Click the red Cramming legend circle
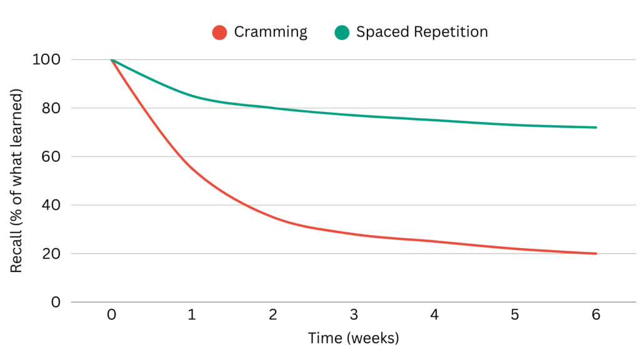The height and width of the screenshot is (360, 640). [x=219, y=32]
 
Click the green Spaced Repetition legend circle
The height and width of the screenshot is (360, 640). [x=341, y=32]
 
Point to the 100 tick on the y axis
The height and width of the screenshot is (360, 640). [x=47, y=60]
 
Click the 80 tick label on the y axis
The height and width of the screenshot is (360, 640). [x=51, y=109]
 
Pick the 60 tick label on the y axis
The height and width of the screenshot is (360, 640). [x=51, y=157]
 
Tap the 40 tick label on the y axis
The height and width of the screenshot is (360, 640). [x=51, y=206]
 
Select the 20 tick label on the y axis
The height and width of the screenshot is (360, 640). [x=51, y=254]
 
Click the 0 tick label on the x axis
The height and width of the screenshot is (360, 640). [x=111, y=316]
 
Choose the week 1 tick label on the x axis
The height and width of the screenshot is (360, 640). [x=192, y=316]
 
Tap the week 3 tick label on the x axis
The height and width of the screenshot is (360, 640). [x=354, y=316]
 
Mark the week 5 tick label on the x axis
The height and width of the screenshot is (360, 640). [x=515, y=316]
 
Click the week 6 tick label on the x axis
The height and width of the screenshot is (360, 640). [x=596, y=316]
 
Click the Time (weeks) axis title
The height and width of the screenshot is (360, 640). [x=353, y=338]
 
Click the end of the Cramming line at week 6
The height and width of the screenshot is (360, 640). [x=596, y=254]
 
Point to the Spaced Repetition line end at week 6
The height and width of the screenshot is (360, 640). [x=596, y=127]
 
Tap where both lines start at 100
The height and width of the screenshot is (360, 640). [x=112, y=60]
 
